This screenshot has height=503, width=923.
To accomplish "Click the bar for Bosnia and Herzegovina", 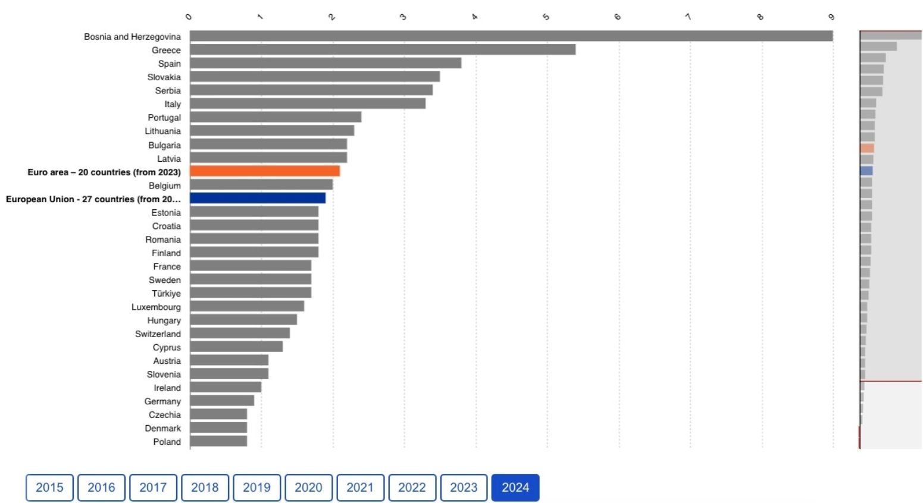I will pyautogui.click(x=511, y=36).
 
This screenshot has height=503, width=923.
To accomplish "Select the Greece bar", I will pyautogui.click(x=382, y=50).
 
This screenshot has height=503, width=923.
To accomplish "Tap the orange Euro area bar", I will pyautogui.click(x=265, y=171).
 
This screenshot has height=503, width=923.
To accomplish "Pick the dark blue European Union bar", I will pyautogui.click(x=258, y=199).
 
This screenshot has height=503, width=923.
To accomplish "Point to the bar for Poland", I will pyautogui.click(x=218, y=441).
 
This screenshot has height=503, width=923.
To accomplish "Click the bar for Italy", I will pyautogui.click(x=308, y=104).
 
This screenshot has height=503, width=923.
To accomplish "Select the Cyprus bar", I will pyautogui.click(x=236, y=347).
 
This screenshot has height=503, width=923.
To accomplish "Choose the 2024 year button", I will pyautogui.click(x=515, y=488).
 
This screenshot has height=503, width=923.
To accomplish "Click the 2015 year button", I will pyautogui.click(x=49, y=488).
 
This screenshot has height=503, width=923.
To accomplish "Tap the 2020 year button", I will pyautogui.click(x=308, y=488).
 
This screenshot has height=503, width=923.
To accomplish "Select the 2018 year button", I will pyautogui.click(x=205, y=488).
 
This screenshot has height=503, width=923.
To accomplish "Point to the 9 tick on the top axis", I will pyautogui.click(x=832, y=17).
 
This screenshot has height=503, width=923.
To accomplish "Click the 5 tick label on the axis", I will pyautogui.click(x=546, y=17).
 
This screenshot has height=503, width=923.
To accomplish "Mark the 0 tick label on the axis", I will pyautogui.click(x=189, y=17).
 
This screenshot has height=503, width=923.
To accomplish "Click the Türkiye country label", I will pyautogui.click(x=166, y=293).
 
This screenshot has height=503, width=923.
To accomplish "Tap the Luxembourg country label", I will pyautogui.click(x=156, y=307).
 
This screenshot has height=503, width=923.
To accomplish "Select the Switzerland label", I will pyautogui.click(x=158, y=334).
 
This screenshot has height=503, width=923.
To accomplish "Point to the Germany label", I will pyautogui.click(x=162, y=401).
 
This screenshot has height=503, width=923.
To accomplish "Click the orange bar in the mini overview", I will pyautogui.click(x=867, y=148).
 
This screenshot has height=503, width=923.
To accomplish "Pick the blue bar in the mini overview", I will pyautogui.click(x=866, y=171).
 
